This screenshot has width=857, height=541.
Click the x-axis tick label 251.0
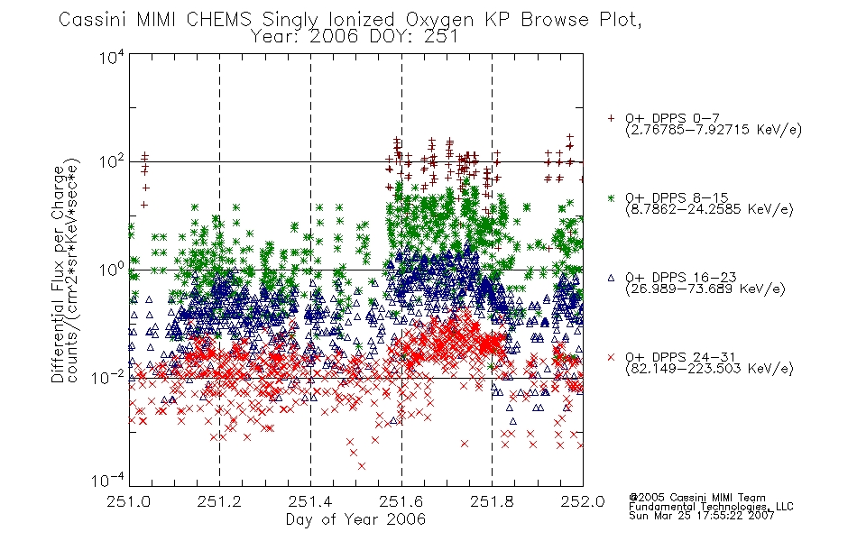[128, 501]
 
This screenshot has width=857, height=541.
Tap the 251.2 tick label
[219, 501]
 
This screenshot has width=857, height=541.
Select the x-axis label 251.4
[310, 501]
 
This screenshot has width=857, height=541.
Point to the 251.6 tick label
[401, 501]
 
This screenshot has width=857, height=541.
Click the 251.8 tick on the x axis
[492, 501]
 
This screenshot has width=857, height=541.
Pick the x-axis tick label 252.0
[583, 501]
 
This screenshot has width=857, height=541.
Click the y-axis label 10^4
[112, 57]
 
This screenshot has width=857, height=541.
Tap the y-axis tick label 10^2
[112, 161]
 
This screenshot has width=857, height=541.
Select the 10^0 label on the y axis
[112, 270]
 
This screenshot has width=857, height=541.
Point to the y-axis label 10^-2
[108, 377]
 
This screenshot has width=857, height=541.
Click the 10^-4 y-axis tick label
[108, 480]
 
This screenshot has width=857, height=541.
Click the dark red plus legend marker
[611, 118]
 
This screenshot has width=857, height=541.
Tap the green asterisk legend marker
[611, 197]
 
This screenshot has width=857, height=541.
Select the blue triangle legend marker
[611, 278]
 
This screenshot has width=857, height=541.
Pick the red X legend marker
[611, 357]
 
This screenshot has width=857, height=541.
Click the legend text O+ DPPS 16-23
[681, 278]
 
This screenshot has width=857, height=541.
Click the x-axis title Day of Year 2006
[355, 519]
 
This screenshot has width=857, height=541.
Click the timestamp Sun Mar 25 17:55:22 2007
[701, 516]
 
